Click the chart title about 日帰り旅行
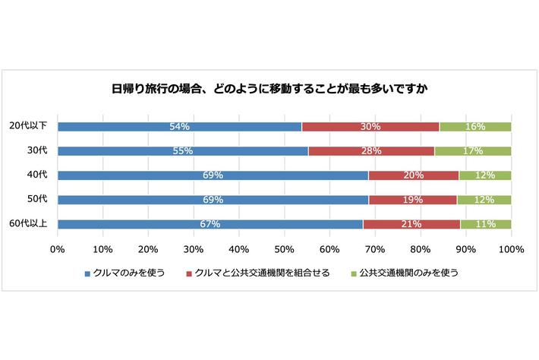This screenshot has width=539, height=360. point(269,89)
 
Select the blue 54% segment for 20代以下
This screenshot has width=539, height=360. point(179,126)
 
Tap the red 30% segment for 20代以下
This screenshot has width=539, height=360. point(370,126)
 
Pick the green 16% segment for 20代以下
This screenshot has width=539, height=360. point(475,126)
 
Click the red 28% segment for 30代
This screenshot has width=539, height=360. point(371,150)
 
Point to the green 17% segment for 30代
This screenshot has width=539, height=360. point(473,150)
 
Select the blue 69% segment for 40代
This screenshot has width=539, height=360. point(213,175)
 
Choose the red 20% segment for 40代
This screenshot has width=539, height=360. point(414,175)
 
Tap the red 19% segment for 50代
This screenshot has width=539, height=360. point(413,200)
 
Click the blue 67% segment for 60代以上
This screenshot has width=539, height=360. point(210,224)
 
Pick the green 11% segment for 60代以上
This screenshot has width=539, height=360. point(486,224)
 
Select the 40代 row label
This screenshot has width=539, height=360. point(37,175)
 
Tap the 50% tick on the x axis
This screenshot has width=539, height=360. point(284,248)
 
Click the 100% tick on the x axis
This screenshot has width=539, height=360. point(511,248)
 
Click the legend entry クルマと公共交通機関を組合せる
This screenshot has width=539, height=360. point(258,273)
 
